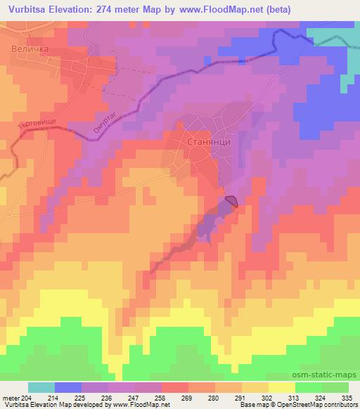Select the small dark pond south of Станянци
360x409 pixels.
click(231, 202)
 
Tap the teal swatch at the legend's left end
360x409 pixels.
click(41, 387)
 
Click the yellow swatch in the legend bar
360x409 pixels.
click(281, 387)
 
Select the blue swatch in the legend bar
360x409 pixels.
click(68, 387)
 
